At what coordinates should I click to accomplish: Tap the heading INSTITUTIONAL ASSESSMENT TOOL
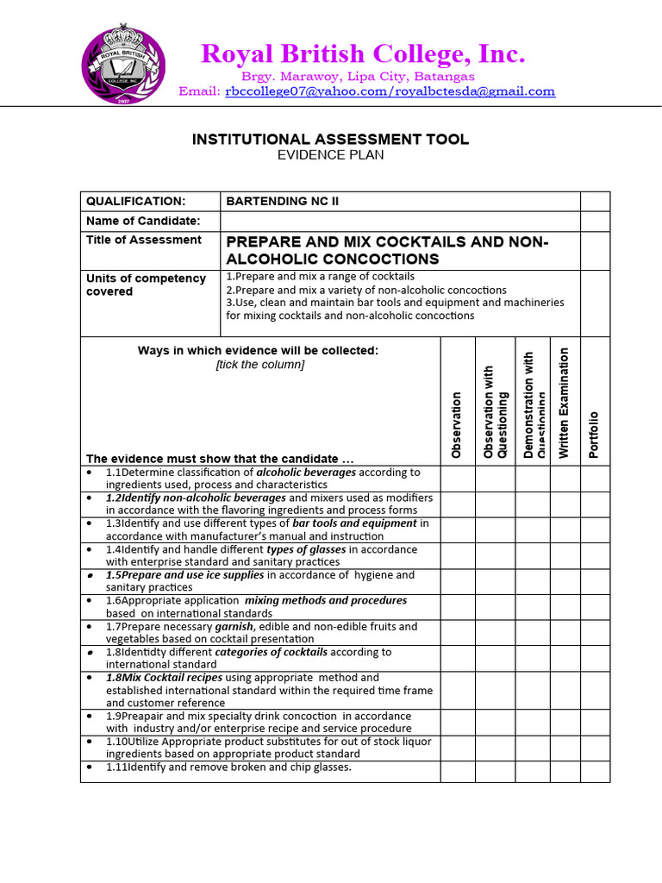pyautogui.click(x=330, y=140)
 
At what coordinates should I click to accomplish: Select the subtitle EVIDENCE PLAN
pyautogui.click(x=330, y=155)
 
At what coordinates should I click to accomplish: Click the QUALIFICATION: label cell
pyautogui.click(x=135, y=201)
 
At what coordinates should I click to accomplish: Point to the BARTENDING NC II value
pyautogui.click(x=283, y=201)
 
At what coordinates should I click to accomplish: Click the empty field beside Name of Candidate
pyautogui.click(x=399, y=221)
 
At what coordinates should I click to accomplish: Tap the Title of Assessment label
pyautogui.click(x=143, y=240)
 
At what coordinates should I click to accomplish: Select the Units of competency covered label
pyautogui.click(x=146, y=285)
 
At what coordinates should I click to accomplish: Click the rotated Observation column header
pyautogui.click(x=457, y=425)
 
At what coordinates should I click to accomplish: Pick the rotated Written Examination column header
pyautogui.click(x=565, y=402)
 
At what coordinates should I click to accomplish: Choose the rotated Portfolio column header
pyautogui.click(x=594, y=435)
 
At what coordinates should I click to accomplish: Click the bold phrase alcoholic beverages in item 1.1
pyautogui.click(x=306, y=473)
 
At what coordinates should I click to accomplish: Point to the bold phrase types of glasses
pyautogui.click(x=306, y=549)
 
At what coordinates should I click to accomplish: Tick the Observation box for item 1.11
pyautogui.click(x=458, y=771)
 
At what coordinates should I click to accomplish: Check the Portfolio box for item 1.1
pyautogui.click(x=595, y=479)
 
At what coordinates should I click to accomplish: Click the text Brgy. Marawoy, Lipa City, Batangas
pyautogui.click(x=352, y=76)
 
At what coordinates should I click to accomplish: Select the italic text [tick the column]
pyautogui.click(x=259, y=365)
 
